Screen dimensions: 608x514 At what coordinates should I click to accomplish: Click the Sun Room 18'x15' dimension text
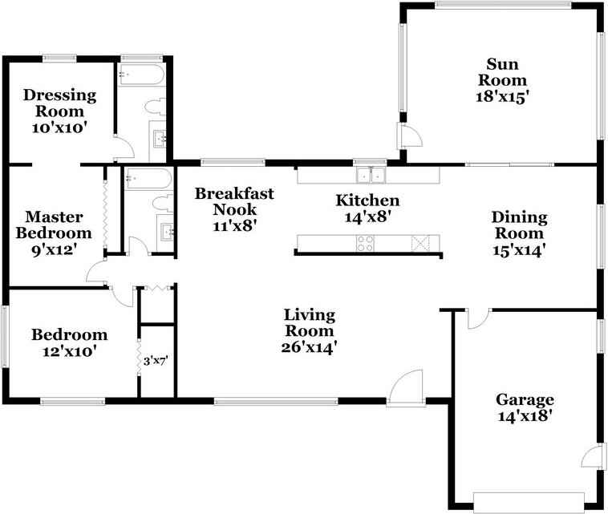[503, 96]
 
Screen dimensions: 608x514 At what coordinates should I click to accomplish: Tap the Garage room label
[525, 399]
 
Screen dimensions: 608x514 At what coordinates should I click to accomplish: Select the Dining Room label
[519, 225]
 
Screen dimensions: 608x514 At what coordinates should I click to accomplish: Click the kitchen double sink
[371, 175]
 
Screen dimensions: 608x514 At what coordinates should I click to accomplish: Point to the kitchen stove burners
[365, 244]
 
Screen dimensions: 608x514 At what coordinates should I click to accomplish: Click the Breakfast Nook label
[234, 201]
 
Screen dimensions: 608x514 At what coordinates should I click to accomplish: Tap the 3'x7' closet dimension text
[155, 362]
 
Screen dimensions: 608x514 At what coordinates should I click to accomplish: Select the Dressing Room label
[59, 103]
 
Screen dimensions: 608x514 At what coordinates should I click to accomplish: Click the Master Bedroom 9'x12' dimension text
[53, 250]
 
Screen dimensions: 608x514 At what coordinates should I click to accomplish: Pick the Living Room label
[310, 323]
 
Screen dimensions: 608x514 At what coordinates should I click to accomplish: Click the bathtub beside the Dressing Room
[141, 75]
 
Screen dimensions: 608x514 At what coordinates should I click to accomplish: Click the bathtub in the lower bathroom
[148, 178]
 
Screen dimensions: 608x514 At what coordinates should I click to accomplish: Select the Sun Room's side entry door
[410, 135]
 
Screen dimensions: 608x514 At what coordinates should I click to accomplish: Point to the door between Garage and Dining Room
[478, 318]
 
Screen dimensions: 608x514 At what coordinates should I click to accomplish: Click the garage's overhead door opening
[529, 502]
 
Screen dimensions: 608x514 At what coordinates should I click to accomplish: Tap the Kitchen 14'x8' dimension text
[367, 217]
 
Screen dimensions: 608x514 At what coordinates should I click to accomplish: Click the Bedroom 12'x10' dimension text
[70, 351]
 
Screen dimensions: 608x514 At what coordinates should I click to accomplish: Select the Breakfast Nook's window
[233, 163]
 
